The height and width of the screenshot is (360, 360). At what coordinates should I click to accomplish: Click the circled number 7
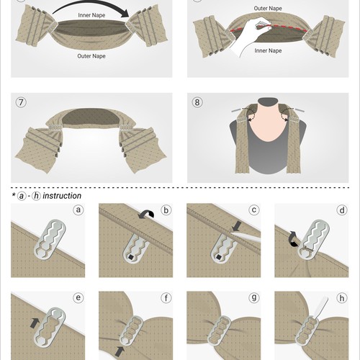(x=21, y=102)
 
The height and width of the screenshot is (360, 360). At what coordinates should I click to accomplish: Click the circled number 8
(x=197, y=102)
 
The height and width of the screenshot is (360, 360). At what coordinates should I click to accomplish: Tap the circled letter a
(x=78, y=212)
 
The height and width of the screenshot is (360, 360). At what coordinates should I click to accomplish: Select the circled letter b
(x=165, y=212)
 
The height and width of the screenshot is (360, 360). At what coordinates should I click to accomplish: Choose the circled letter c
(x=253, y=212)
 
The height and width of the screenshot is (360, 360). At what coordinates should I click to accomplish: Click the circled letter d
(x=341, y=212)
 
